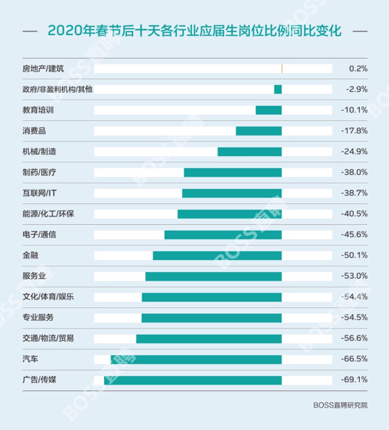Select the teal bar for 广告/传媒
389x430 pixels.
coord(192,380)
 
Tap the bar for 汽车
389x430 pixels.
coord(196,359)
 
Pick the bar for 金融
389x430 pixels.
coord(217,255)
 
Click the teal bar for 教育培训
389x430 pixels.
coord(268,110)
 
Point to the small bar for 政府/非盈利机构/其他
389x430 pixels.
coord(278,89)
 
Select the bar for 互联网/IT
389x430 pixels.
coord(232,193)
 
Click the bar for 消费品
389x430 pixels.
coord(258,131)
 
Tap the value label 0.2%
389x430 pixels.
coord(358,69)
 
